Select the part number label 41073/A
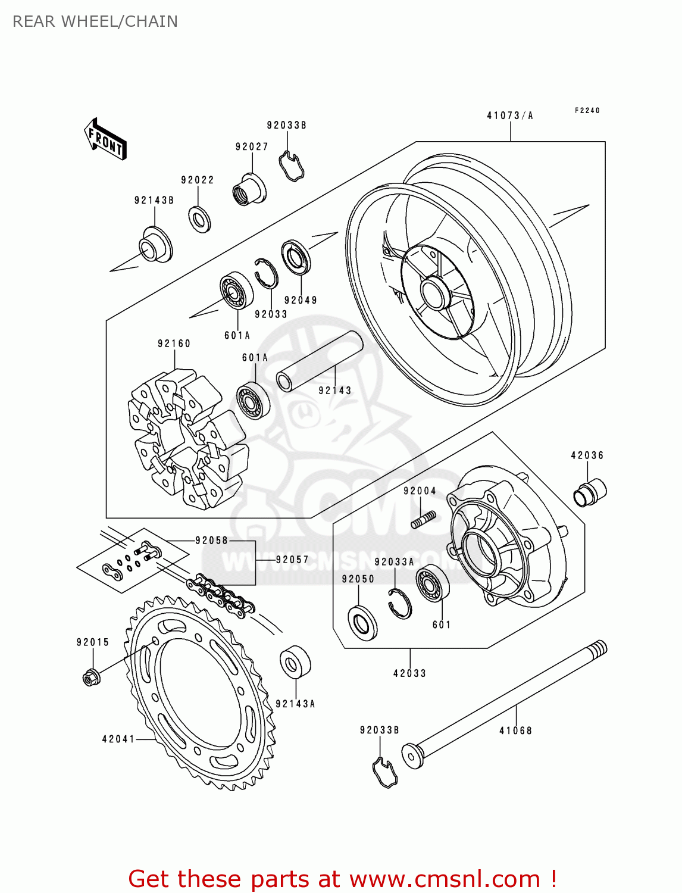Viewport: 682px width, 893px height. point(510,115)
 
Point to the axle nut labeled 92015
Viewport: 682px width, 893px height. point(90,677)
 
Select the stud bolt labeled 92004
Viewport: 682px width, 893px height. point(423,520)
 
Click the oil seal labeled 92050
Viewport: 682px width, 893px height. point(362,622)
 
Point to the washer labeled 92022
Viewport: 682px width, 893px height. point(200,219)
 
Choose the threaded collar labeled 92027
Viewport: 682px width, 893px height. point(249,189)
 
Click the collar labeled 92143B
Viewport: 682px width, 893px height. point(155,245)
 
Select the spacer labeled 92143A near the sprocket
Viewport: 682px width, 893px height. point(295,661)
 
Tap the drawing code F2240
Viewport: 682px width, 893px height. point(587,110)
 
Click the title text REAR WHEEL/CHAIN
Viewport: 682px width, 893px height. point(95,21)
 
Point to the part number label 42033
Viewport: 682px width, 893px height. point(409,673)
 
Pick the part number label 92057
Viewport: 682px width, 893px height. point(292,560)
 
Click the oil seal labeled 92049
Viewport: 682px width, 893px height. point(296,258)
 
